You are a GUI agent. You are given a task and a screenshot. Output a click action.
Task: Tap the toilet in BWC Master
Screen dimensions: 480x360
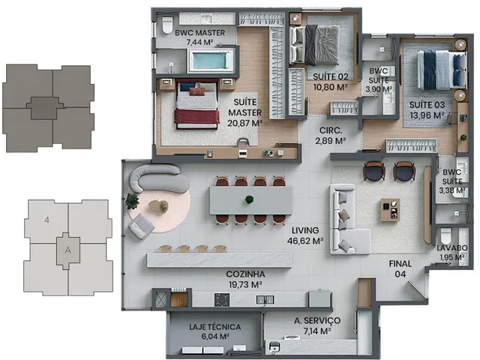[167, 25]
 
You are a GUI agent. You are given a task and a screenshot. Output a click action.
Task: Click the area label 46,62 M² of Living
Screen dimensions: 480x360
[305, 241]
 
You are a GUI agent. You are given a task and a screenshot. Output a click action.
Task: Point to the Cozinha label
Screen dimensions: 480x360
[245, 274]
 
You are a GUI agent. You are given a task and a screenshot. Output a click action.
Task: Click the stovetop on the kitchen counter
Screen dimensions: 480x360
[222, 300]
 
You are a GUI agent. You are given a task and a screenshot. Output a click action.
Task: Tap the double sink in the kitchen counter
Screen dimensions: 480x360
[265, 300]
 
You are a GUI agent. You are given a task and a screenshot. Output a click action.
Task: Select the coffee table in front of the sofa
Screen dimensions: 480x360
[390, 210]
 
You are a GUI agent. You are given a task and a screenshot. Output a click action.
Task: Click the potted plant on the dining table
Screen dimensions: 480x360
[250, 200]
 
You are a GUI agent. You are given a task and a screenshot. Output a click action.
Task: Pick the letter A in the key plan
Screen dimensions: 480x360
[68, 250]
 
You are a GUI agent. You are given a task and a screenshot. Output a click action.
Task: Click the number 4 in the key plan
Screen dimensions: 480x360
[46, 220]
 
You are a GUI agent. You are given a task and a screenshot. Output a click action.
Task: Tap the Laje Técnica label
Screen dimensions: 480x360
[215, 327]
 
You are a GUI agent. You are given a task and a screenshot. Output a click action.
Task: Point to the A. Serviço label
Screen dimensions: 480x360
[317, 320]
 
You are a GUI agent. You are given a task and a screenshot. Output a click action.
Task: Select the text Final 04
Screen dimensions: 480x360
[400, 268]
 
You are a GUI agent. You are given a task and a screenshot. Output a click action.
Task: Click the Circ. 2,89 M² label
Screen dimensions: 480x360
[331, 135]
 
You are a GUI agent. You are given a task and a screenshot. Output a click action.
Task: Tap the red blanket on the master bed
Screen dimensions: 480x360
[196, 117]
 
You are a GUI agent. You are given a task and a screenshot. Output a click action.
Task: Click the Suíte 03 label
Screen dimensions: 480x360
[427, 105]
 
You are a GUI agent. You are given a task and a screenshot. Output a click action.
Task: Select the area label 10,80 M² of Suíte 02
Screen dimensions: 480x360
[330, 87]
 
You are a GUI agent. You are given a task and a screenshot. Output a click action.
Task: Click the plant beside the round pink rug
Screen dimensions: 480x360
[132, 202]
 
